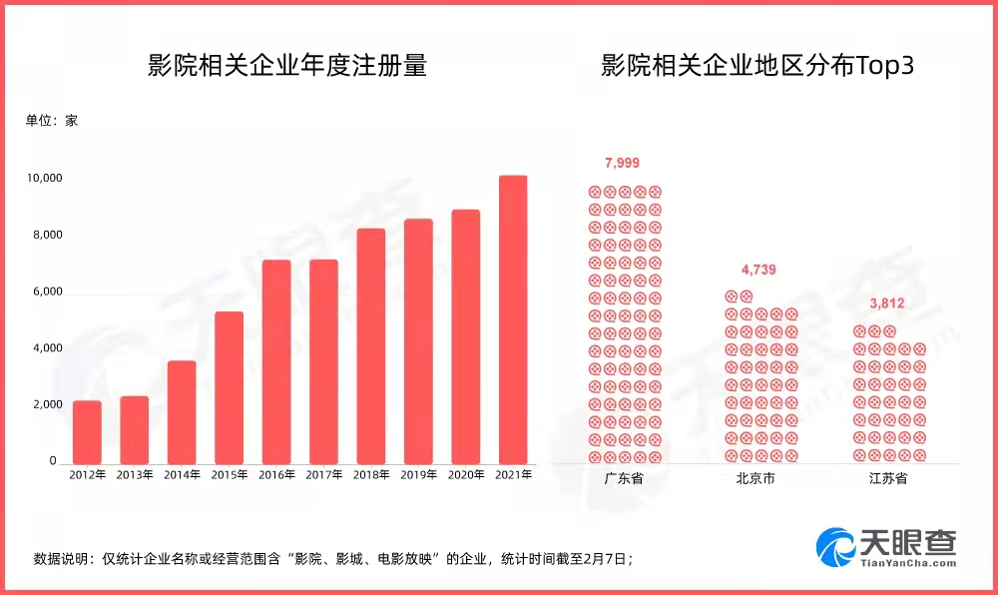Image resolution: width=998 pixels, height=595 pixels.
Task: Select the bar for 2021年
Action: (x=513, y=319)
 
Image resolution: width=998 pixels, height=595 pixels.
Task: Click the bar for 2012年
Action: (x=88, y=431)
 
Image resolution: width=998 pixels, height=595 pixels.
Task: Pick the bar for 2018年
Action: (x=371, y=345)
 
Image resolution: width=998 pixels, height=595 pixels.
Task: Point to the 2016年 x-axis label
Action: (x=277, y=475)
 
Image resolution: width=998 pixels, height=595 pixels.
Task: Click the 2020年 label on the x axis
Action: (x=466, y=475)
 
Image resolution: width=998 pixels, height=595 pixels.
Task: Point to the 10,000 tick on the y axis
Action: (x=45, y=179)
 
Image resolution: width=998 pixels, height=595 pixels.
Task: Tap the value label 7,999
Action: (x=623, y=163)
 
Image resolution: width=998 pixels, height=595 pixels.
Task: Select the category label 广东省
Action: (x=624, y=478)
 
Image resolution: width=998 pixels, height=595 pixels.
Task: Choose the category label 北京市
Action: (x=755, y=478)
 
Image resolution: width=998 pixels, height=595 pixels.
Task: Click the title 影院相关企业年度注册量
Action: (x=286, y=68)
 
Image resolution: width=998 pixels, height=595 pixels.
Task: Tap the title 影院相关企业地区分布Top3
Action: (x=757, y=68)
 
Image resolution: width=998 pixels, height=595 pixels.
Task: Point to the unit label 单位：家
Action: (x=51, y=121)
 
